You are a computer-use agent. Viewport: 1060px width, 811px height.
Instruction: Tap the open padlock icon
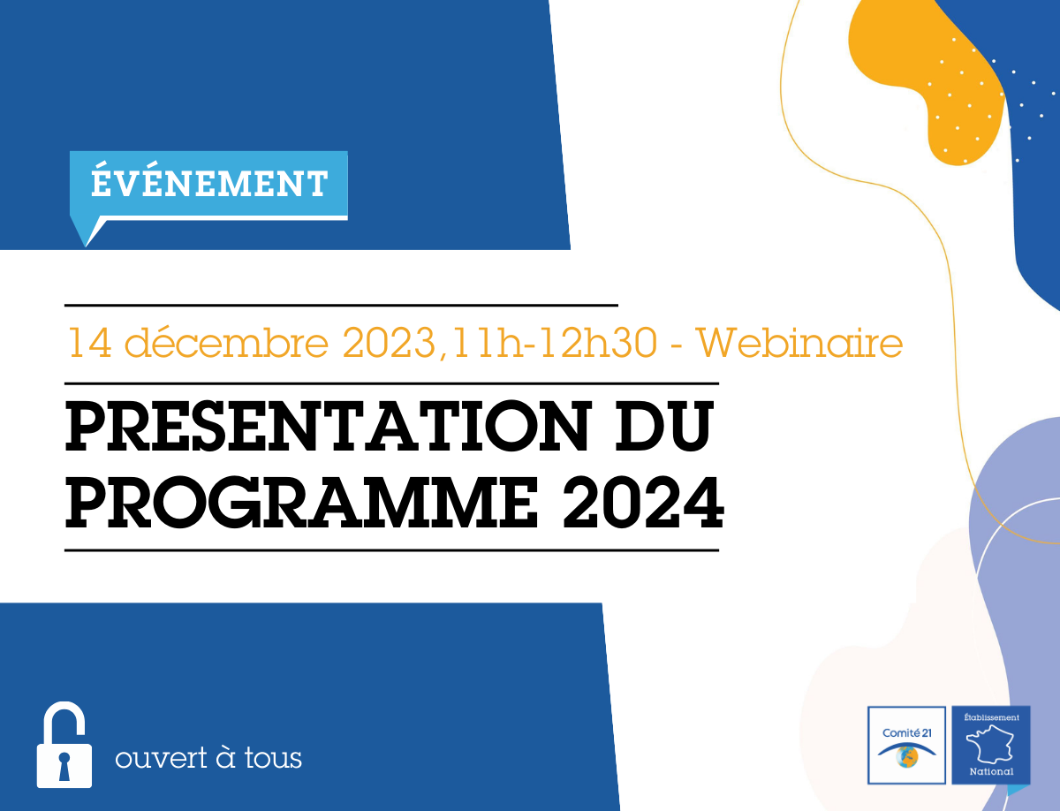pos(64,745)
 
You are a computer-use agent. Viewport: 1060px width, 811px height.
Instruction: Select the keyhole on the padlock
pos(64,765)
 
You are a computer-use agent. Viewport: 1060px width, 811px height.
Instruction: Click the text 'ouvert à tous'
pos(208,757)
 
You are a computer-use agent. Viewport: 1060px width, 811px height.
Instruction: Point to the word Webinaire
pos(799,343)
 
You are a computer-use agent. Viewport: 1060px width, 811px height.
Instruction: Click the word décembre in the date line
pos(226,342)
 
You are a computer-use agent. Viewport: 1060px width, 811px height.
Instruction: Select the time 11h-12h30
pos(555,343)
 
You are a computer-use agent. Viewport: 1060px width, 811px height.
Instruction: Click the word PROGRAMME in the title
pos(302,503)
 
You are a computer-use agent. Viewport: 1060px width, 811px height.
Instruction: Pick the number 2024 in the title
pos(643,503)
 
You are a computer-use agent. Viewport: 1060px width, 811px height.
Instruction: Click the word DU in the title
pos(664,426)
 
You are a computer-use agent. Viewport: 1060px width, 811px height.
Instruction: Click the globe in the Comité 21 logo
pos(907,756)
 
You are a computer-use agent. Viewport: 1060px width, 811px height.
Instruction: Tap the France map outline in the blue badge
pos(989,745)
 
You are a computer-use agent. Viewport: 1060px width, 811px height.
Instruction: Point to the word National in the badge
pos(991,771)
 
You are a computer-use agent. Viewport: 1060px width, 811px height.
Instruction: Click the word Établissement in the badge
pos(991,717)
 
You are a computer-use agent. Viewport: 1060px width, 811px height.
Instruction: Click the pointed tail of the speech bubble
pos(86,246)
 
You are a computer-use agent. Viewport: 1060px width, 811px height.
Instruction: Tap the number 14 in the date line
pos(90,342)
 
